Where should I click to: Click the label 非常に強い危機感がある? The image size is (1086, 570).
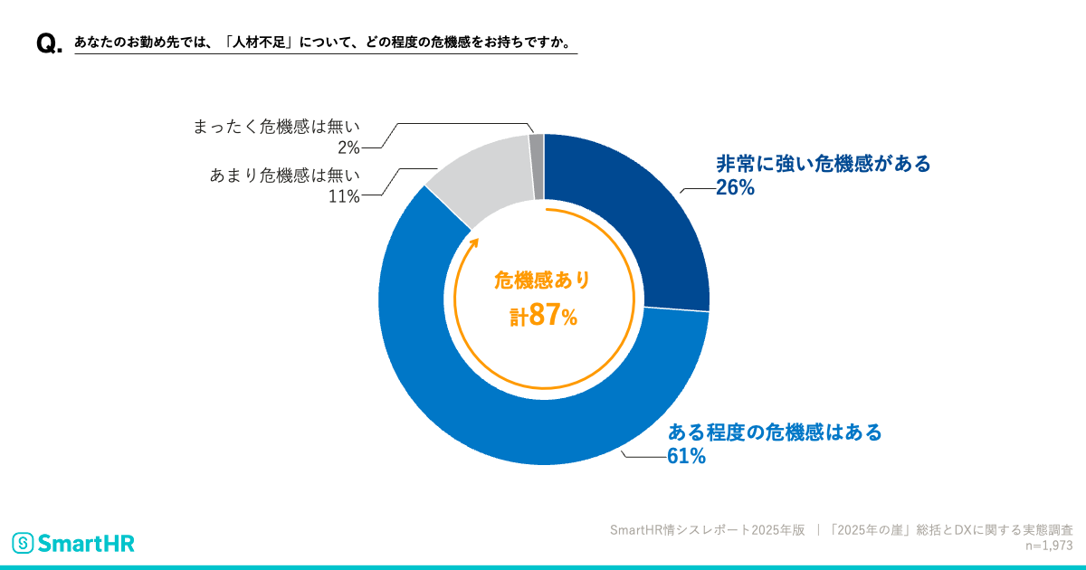pos(823,164)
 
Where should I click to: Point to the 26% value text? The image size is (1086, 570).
pos(735,188)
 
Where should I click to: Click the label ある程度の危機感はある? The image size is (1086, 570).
pos(774,432)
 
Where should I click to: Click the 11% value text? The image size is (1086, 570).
pos(344,196)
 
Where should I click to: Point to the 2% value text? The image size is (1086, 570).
pos(349,147)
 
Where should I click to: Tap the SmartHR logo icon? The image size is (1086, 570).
pos(23,543)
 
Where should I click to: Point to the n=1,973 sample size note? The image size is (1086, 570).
pos(1049,546)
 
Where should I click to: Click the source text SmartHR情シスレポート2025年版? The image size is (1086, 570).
pos(707,530)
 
